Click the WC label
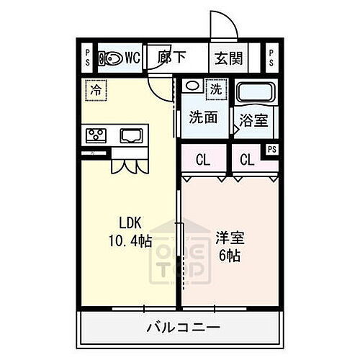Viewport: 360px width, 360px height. pos(131,58)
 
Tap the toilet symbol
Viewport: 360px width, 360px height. pos(111,58)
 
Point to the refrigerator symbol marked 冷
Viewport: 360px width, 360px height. pos(95,90)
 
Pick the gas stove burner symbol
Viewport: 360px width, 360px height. pos(96,134)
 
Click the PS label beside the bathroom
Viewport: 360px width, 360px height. pos(271,150)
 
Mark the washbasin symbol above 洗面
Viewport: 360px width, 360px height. pos(191,86)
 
